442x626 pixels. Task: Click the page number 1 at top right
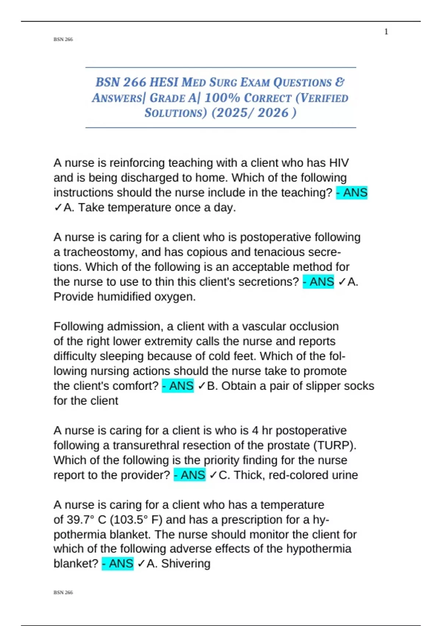pos(386,32)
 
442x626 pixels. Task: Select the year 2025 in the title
pos(229,113)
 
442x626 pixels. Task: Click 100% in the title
pos(222,98)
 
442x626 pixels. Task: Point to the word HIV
pos(339,163)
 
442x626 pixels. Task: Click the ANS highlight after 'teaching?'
pos(352,193)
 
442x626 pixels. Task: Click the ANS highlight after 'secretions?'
pos(318,282)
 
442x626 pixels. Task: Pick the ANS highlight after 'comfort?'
pos(178,386)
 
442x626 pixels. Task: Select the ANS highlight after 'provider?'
pos(189,475)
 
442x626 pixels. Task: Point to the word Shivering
pos(186,564)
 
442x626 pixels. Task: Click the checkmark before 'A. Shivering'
pos(141,564)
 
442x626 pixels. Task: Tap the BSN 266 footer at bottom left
pos(63,592)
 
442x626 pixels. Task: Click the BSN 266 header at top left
pos(63,39)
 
